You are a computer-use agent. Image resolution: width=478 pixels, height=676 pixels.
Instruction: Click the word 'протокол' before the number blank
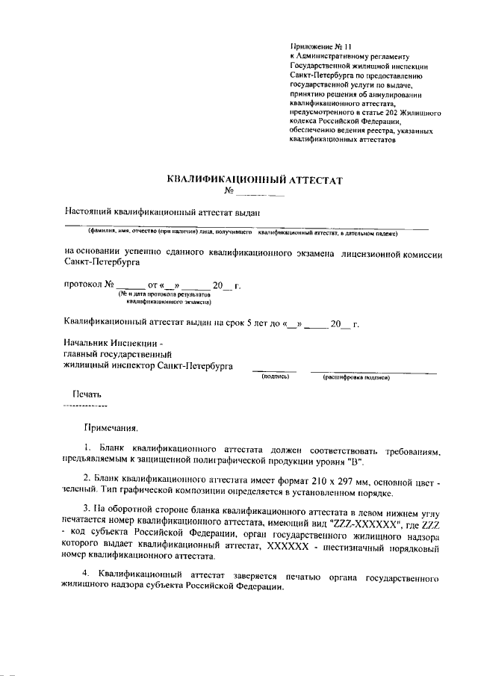coord(82,285)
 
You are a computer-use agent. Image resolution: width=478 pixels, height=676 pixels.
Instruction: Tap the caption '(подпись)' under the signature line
coord(274,377)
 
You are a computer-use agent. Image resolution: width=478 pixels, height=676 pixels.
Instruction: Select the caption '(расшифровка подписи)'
coord(356,377)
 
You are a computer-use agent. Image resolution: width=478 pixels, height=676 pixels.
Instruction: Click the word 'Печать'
coord(86,394)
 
